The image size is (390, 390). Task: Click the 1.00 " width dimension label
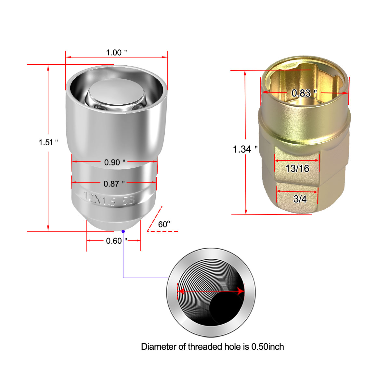tap(116, 53)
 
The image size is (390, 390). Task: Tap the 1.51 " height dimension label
tap(48, 142)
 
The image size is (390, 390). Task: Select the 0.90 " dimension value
tap(114, 162)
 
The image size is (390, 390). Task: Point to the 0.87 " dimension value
tap(114, 184)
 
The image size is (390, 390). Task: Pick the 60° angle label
tap(164, 224)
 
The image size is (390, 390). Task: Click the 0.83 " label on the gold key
tap(304, 93)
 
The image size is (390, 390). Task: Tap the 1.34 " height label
tap(245, 149)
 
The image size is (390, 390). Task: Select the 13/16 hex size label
tap(297, 168)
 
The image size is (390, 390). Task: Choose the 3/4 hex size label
tap(300, 199)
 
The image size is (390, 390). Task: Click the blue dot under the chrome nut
tap(123, 231)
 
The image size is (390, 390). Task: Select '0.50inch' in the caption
tap(267, 347)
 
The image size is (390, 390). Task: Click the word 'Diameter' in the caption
tap(159, 347)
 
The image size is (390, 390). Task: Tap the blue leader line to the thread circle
tap(123, 260)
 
